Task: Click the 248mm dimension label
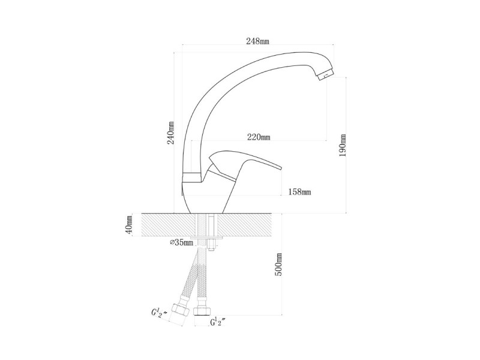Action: [258, 41]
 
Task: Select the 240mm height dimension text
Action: [171, 133]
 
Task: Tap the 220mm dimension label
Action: [259, 137]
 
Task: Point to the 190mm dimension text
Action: [342, 145]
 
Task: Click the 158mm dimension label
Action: [299, 192]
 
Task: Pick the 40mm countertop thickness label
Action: [130, 224]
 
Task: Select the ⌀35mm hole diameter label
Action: [182, 243]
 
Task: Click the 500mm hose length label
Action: [278, 265]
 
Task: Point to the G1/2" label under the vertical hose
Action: [218, 322]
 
